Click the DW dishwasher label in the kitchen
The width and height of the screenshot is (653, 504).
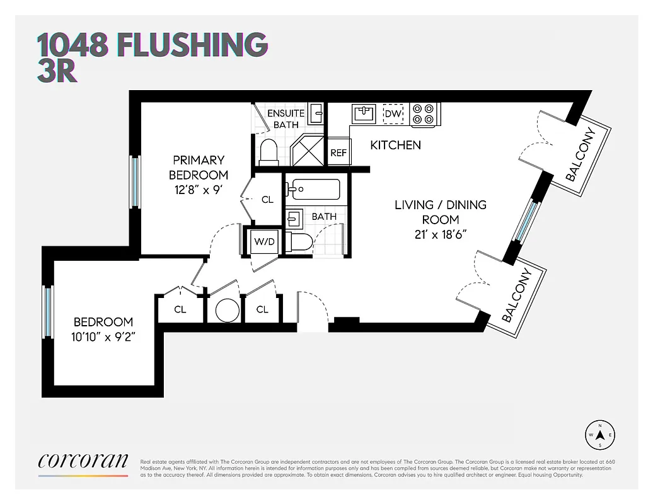coord(393,114)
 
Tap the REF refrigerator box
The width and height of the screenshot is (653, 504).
coord(338,152)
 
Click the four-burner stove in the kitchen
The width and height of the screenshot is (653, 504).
coord(424,114)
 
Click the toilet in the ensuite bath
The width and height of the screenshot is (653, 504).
coord(269,152)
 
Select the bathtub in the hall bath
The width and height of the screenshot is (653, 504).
coord(314,189)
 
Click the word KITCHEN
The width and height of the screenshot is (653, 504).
coord(395,146)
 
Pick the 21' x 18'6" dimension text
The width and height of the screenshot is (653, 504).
coord(441,234)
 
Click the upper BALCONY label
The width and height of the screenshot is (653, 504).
coord(581,154)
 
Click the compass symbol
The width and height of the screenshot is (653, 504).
coord(600,435)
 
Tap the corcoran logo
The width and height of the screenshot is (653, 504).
coord(83,461)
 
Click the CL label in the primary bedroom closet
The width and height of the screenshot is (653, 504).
coord(267,200)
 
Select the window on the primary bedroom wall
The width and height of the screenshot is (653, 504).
coord(134,181)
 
